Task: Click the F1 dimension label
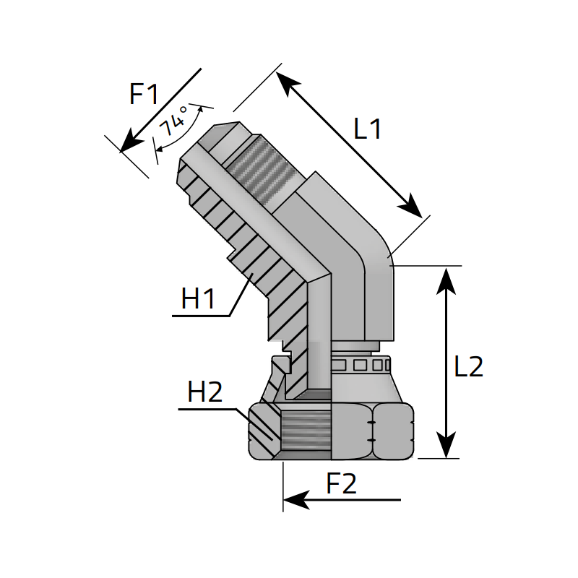click(144, 94)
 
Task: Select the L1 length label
click(367, 129)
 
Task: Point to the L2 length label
click(468, 366)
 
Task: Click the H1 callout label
click(198, 299)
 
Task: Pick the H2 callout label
click(205, 392)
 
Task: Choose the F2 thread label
click(341, 483)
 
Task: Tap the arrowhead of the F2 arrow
click(295, 500)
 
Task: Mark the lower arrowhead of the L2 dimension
click(447, 447)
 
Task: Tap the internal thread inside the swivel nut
click(306, 431)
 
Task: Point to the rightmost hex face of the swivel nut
click(393, 431)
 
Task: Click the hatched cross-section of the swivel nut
click(264, 431)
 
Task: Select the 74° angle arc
click(181, 134)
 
